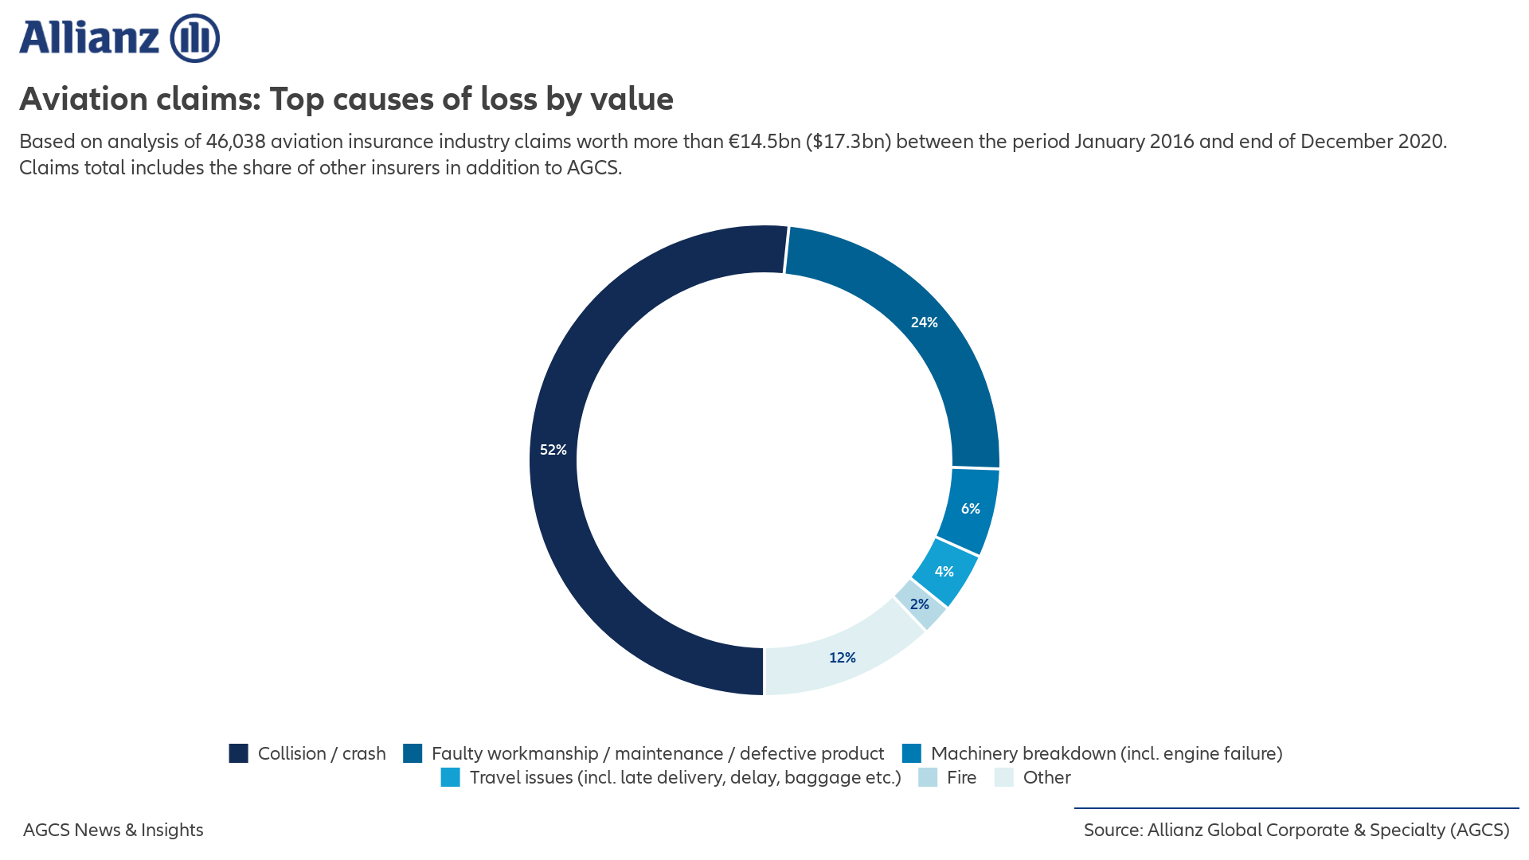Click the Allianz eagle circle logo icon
pos(194,38)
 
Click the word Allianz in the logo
pos(89,38)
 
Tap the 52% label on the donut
pos(553,450)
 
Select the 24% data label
pos(924,322)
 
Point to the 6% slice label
pos(970,509)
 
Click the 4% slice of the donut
pos(944,572)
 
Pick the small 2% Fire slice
pos(920,604)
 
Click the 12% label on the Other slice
pos(842,658)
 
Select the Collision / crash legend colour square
pos(238,753)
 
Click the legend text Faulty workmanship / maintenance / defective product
pos(657,753)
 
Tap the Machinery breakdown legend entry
pos(1106,753)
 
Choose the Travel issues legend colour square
pos(450,777)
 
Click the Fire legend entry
pos(961,777)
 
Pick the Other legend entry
pos(1046,777)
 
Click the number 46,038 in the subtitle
pos(235,142)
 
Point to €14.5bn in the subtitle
pos(764,142)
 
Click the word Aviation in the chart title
pos(84,99)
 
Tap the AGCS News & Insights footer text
pos(113,830)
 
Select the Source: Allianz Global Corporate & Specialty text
pos(1296,830)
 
